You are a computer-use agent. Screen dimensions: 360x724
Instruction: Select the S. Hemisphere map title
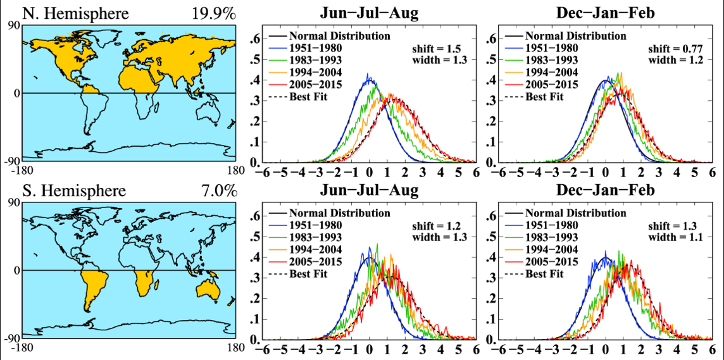click(x=65, y=190)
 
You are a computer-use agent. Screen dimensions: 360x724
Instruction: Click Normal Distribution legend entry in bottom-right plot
click(x=576, y=213)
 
